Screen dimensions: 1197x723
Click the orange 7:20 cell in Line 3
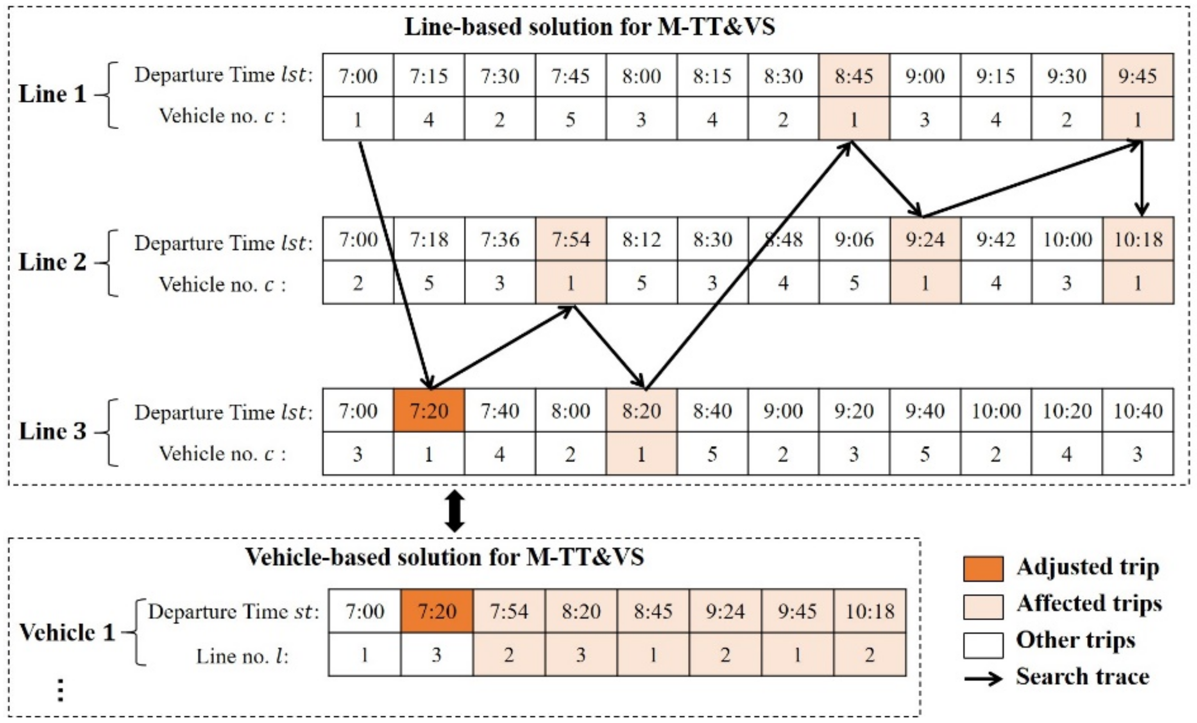click(429, 411)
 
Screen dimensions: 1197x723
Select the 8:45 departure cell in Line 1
click(854, 76)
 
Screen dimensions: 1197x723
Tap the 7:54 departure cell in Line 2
click(571, 240)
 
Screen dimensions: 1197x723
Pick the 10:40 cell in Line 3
click(1138, 411)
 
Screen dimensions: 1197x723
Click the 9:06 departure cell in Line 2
click(854, 240)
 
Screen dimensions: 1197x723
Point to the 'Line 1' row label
click(52, 94)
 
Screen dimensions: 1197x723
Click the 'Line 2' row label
click(52, 262)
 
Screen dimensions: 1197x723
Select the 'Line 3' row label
click(52, 432)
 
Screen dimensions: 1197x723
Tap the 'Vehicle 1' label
click(67, 632)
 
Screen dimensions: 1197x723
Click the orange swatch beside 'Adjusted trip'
click(983, 569)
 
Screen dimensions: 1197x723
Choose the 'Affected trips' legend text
click(1089, 604)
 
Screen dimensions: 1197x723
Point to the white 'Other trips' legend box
click(983, 645)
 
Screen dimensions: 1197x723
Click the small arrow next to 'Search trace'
click(983, 678)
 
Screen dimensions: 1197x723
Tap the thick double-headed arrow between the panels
click(454, 511)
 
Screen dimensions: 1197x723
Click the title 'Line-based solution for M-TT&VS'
click(589, 27)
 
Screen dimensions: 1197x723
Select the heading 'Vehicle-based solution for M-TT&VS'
click(445, 557)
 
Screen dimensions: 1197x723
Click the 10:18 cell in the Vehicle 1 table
click(870, 612)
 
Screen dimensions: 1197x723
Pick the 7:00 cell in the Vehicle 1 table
click(364, 612)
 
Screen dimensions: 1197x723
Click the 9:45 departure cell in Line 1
click(1138, 76)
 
